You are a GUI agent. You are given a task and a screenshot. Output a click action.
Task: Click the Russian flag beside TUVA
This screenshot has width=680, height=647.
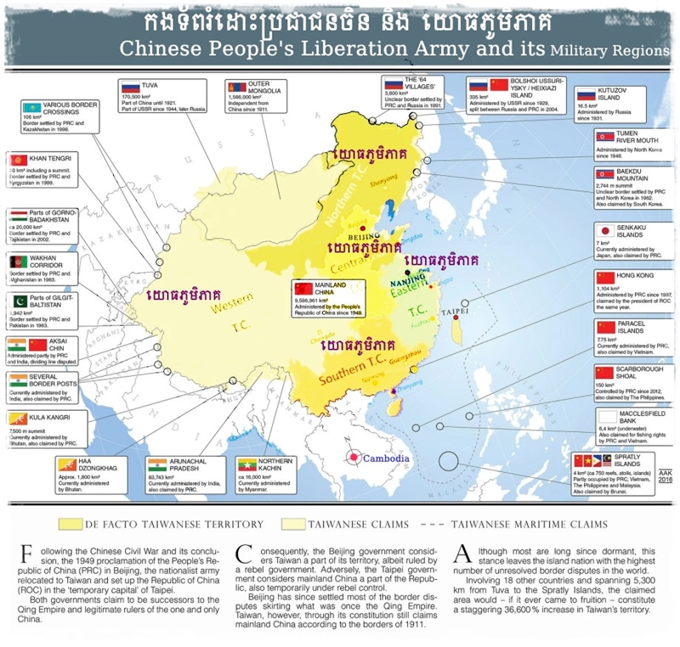pos(131,87)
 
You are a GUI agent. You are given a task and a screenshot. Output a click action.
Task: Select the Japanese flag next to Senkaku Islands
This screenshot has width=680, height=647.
pos(604,230)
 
